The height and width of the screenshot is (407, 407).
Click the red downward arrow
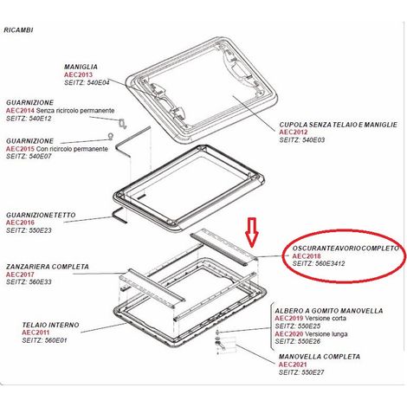pyautogui.click(x=252, y=232)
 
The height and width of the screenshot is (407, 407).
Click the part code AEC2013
pyautogui.click(x=78, y=74)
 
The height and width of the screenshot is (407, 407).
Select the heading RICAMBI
pyautogui.click(x=18, y=30)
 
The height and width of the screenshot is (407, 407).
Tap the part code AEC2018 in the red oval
pyautogui.click(x=307, y=256)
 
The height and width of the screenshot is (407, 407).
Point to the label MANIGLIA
pyautogui.click(x=81, y=67)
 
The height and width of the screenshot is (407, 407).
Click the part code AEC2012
pyautogui.click(x=294, y=132)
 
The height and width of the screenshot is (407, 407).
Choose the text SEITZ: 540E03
pyautogui.click(x=302, y=140)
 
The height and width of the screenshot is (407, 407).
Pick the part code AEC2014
pyautogui.click(x=20, y=111)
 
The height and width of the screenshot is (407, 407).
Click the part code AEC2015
pyautogui.click(x=20, y=149)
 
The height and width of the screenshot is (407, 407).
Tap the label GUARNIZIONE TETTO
pyautogui.click(x=41, y=215)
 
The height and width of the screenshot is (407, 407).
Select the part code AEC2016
pyautogui.click(x=20, y=223)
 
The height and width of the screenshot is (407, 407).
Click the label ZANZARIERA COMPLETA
pyautogui.click(x=48, y=267)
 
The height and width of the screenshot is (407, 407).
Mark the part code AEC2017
pyautogui.click(x=20, y=275)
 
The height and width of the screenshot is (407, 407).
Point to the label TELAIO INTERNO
pyautogui.click(x=50, y=325)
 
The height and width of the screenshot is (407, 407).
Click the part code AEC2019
pyautogui.click(x=289, y=319)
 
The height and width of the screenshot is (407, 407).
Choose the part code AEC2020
pyautogui.click(x=289, y=334)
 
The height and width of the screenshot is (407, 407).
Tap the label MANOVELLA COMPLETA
pyautogui.click(x=320, y=357)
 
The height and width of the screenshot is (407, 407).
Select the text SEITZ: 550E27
pyautogui.click(x=301, y=372)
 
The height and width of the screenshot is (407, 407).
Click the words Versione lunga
pyautogui.click(x=326, y=334)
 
